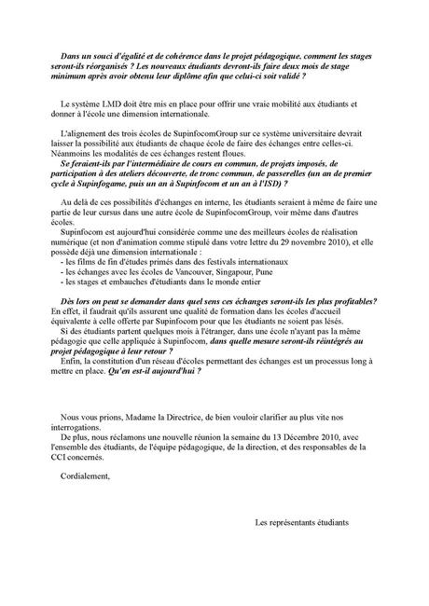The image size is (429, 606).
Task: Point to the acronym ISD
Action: pyautogui.click(x=250, y=186)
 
